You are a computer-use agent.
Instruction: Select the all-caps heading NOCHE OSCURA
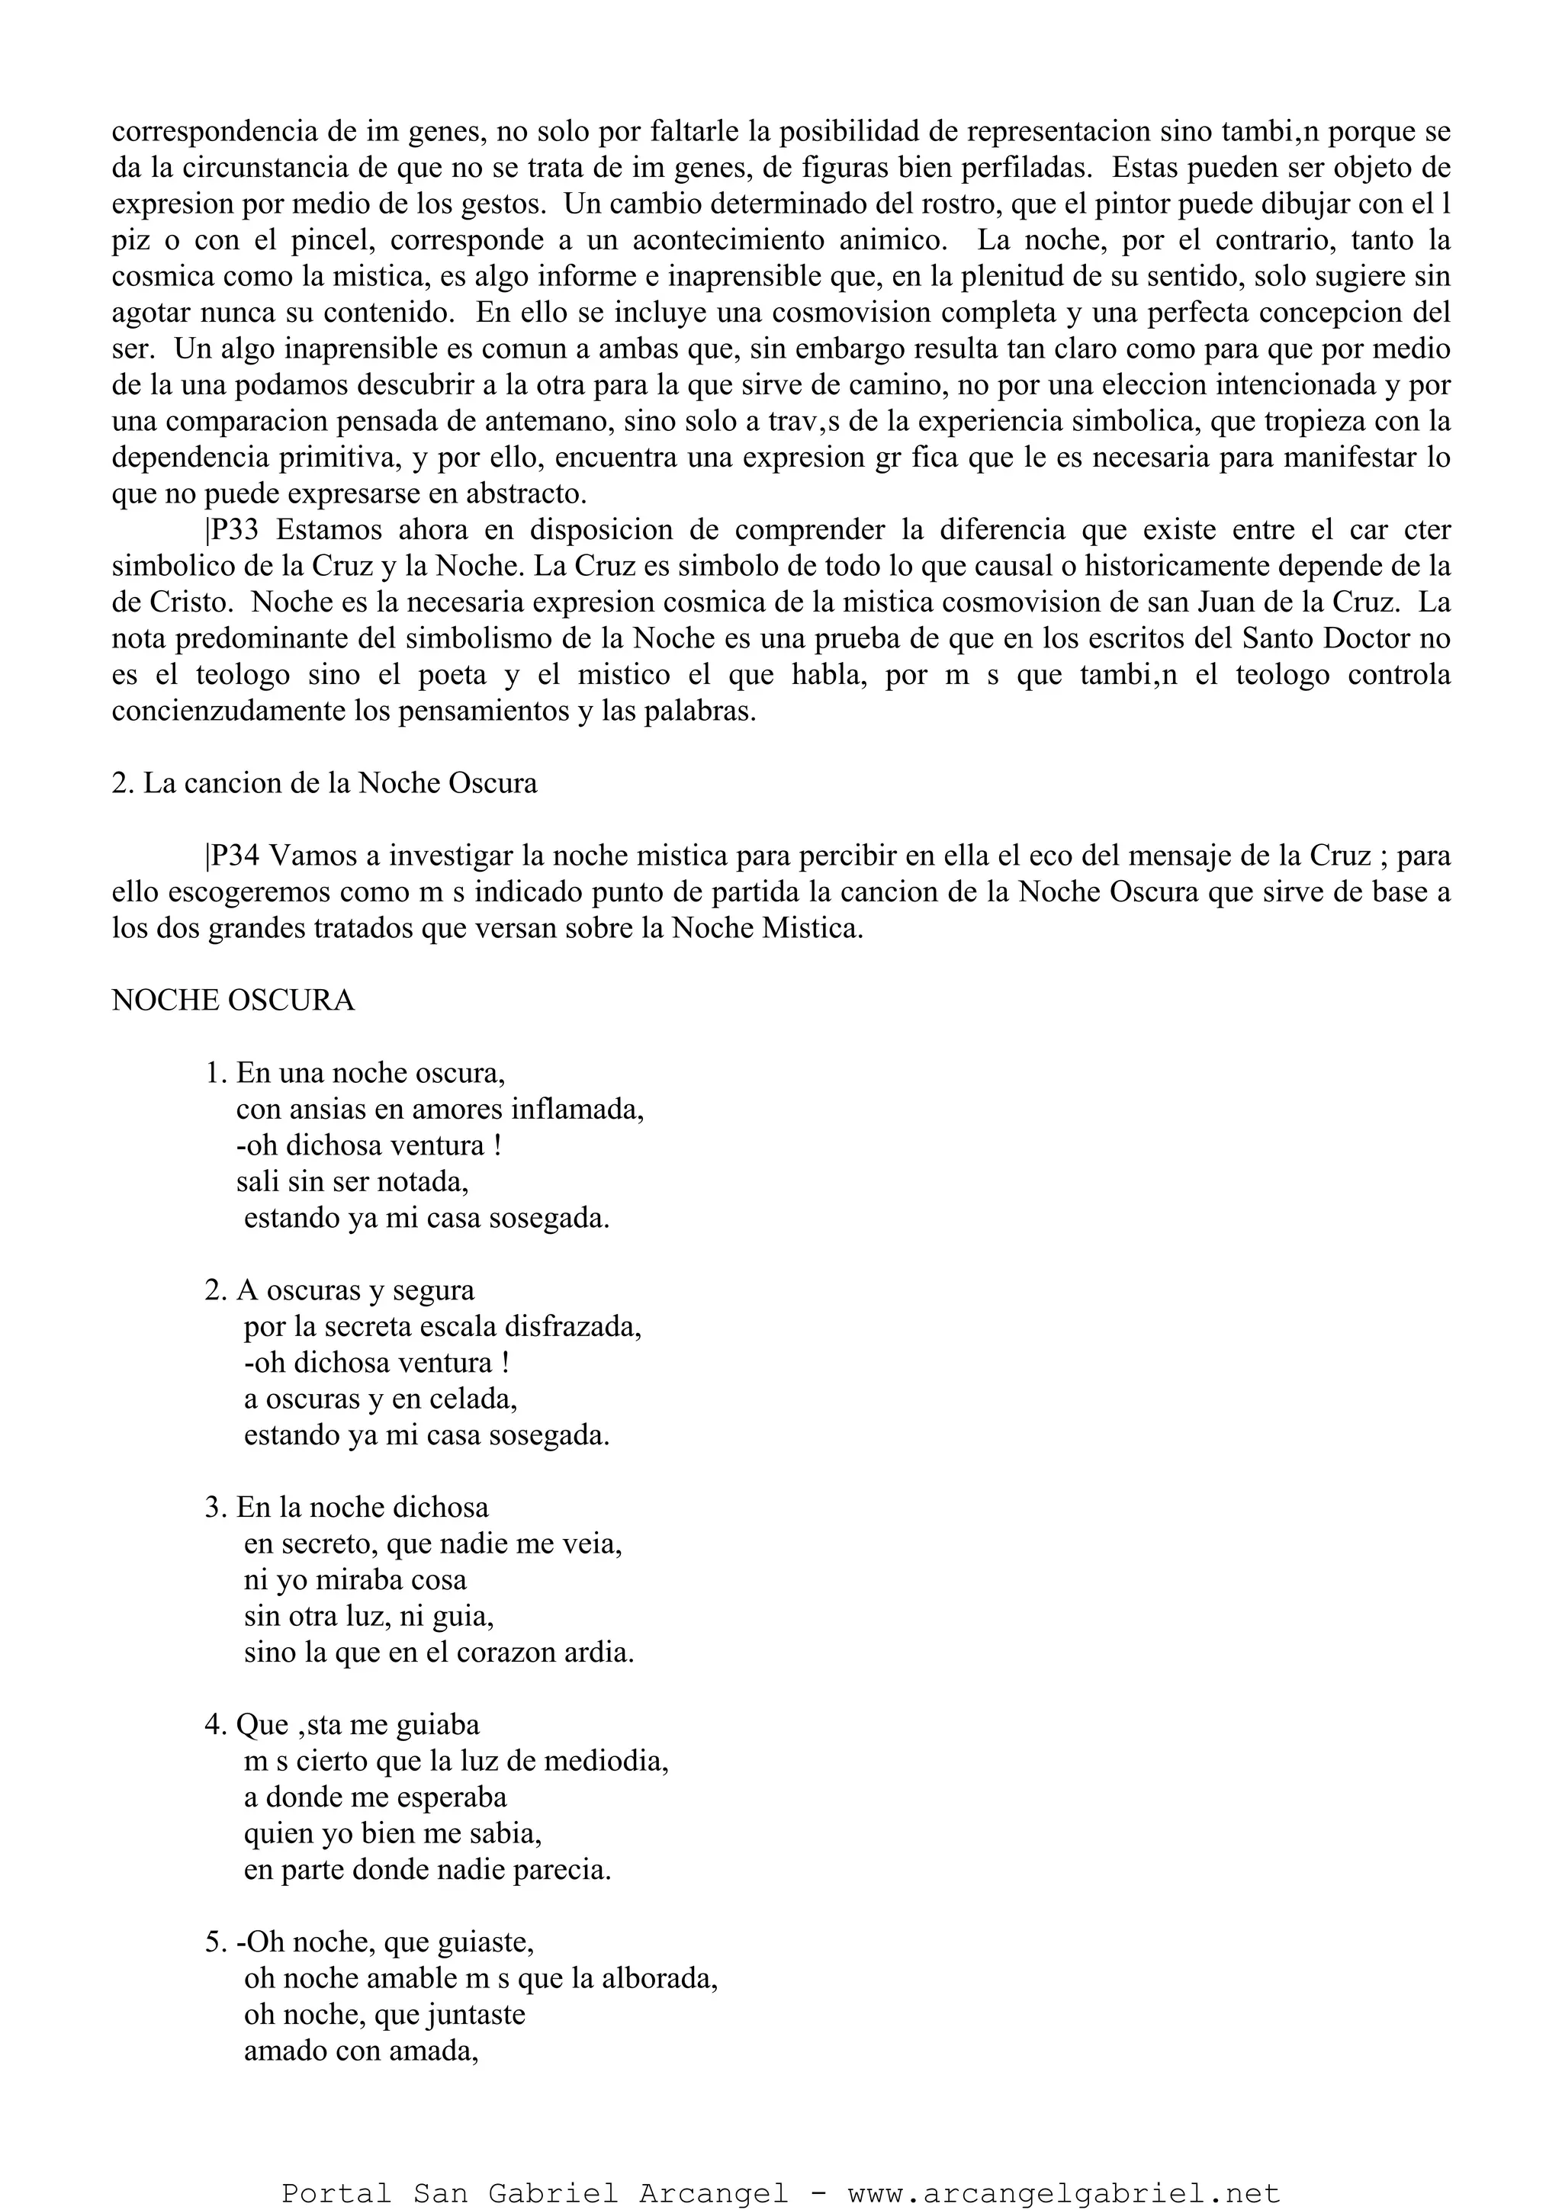(x=233, y=1001)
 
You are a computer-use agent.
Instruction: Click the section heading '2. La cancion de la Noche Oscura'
(x=324, y=783)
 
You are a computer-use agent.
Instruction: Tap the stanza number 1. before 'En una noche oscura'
(x=217, y=1073)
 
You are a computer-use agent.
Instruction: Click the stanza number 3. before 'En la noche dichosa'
(x=217, y=1508)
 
